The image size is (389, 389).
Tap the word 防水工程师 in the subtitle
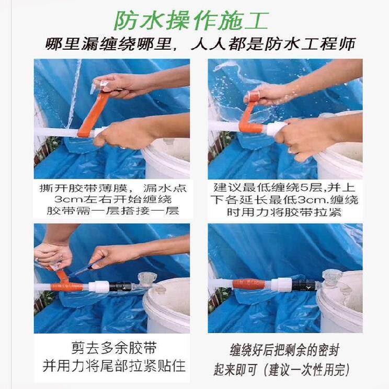point(310,44)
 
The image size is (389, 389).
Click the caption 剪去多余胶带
point(114,348)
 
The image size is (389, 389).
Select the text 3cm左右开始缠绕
point(113,199)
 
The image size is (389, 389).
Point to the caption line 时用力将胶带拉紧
point(284,212)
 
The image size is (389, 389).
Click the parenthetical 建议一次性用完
point(306,370)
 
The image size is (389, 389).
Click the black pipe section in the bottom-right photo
point(304,285)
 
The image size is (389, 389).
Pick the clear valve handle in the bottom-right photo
point(331,276)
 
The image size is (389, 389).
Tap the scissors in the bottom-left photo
point(84,269)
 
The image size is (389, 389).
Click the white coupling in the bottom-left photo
point(99,287)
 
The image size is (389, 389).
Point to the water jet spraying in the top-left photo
point(74,94)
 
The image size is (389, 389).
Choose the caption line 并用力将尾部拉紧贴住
point(114,365)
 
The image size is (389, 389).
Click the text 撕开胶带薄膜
point(83,188)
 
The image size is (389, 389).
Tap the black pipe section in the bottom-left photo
point(120,287)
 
